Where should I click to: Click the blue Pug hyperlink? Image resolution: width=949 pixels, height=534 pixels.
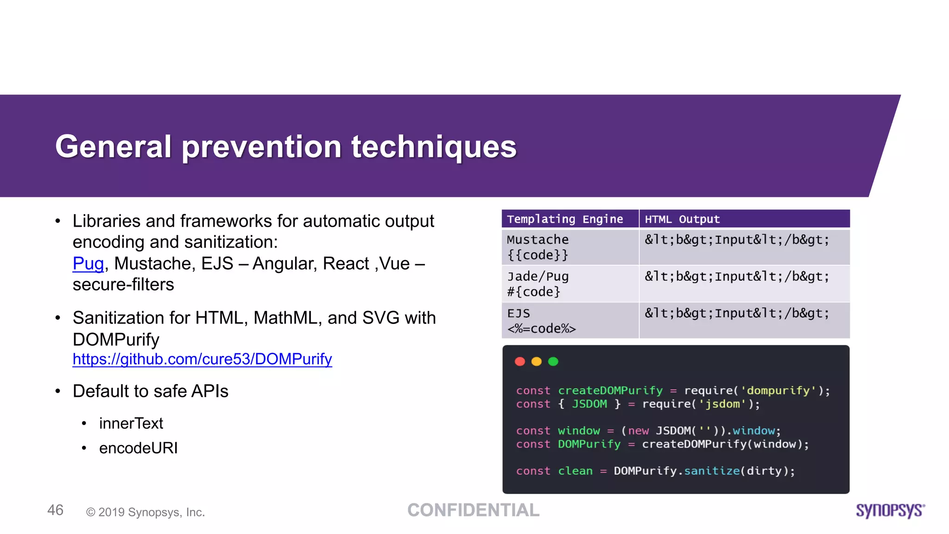88,264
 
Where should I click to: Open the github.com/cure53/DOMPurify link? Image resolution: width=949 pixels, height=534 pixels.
202,359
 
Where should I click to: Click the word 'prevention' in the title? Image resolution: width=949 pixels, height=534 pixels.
261,147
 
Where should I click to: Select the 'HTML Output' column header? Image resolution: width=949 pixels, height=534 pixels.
682,219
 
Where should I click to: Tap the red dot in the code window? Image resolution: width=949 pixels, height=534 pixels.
520,362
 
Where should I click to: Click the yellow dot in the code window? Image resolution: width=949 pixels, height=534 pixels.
537,362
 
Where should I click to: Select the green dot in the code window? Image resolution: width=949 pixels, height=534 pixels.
553,362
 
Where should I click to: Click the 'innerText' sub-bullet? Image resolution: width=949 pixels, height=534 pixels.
131,423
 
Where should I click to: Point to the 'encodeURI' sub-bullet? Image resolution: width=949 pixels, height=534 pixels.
138,448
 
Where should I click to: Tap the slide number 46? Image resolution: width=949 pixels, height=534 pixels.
55,510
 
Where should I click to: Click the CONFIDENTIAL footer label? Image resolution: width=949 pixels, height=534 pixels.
473,510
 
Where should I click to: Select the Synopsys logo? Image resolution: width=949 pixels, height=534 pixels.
890,510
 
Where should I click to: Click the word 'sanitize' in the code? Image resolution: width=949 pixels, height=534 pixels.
712,471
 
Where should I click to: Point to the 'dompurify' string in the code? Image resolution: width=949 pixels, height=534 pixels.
778,391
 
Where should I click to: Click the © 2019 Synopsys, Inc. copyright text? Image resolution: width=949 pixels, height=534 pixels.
146,512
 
